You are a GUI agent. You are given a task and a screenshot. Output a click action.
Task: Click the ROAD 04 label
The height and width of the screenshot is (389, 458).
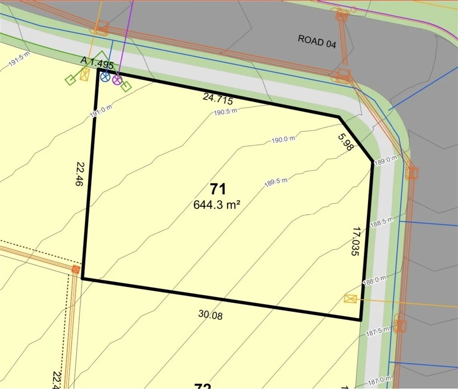(x=317, y=41)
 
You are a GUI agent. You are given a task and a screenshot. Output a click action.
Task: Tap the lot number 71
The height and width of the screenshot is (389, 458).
(x=218, y=189)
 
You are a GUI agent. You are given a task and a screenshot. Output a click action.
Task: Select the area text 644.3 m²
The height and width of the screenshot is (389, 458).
(x=216, y=204)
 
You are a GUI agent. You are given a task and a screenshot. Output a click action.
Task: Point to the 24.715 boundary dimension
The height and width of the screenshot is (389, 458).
(x=218, y=98)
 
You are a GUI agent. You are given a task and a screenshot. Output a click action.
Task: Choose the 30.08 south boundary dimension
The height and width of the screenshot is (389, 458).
(x=210, y=315)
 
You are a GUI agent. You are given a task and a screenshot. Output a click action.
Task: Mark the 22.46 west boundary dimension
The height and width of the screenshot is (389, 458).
(x=79, y=174)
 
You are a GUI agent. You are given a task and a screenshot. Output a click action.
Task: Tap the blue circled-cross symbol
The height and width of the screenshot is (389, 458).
(x=105, y=77)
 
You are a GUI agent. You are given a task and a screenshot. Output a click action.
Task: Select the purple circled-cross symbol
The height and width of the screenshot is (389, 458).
(x=117, y=80)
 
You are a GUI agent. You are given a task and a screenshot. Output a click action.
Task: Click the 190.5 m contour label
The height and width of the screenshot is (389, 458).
(x=225, y=111)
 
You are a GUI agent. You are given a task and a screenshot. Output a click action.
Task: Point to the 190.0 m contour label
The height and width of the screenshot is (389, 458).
(x=283, y=139)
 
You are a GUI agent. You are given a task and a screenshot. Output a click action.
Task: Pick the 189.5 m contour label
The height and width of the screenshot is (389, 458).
(x=276, y=182)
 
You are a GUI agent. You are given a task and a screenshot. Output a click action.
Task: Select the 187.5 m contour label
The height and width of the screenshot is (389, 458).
(x=378, y=331)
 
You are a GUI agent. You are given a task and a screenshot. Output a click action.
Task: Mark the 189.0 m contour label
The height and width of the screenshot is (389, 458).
(x=386, y=160)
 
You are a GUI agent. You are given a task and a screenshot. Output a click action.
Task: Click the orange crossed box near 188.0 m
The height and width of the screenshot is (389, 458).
(x=350, y=299)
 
